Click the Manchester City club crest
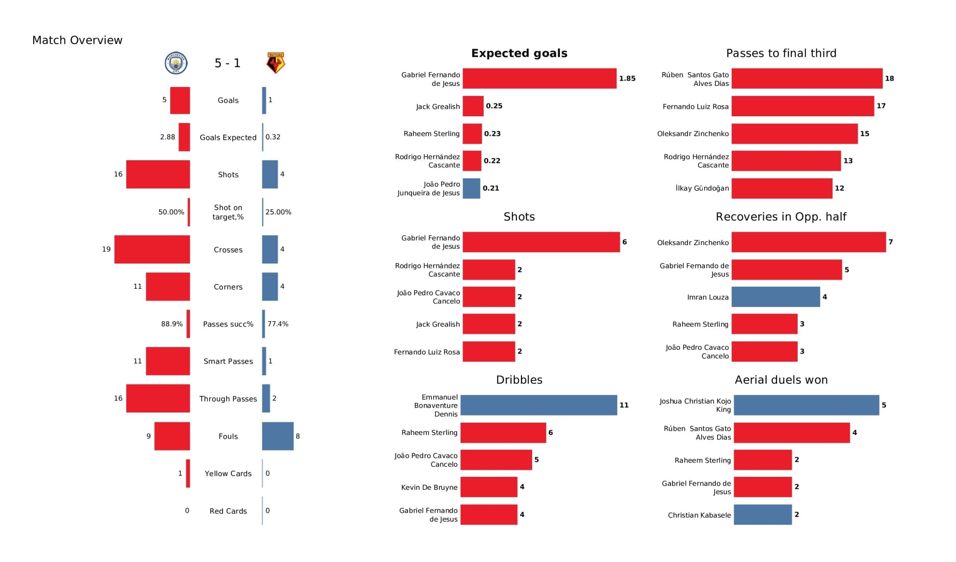(x=176, y=63)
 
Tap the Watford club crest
(x=276, y=63)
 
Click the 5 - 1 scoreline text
(x=228, y=63)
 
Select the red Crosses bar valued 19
(x=152, y=250)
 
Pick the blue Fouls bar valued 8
(x=278, y=436)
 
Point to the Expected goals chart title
(x=519, y=53)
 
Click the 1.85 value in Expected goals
(x=627, y=78)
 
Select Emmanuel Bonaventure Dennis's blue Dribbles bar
(x=539, y=405)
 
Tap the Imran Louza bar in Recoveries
(x=776, y=297)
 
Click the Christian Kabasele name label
(x=699, y=515)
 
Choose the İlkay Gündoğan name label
(x=702, y=188)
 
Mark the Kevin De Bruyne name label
(x=429, y=488)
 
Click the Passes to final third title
(x=781, y=53)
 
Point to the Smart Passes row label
(x=228, y=361)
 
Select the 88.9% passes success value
(x=172, y=324)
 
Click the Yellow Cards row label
(x=228, y=473)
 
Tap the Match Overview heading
(x=77, y=40)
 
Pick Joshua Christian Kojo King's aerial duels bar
(x=807, y=405)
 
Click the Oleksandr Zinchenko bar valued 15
(x=795, y=134)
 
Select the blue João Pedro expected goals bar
(x=472, y=188)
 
